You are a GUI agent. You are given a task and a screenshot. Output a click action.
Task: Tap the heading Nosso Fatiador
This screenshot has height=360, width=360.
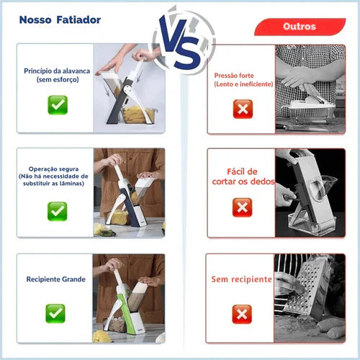click(60, 20)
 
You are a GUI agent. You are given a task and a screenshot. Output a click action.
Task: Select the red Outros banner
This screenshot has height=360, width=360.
click(299, 27)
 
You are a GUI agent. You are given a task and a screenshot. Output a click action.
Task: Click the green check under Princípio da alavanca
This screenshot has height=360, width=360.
click(58, 105)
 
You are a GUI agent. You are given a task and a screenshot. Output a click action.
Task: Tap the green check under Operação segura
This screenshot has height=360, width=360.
click(57, 210)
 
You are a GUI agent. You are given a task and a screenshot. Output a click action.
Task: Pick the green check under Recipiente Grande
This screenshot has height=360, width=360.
click(55, 312)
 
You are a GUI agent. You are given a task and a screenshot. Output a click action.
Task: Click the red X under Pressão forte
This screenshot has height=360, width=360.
click(243, 109)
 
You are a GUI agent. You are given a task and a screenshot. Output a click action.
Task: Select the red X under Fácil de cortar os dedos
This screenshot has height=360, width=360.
click(243, 207)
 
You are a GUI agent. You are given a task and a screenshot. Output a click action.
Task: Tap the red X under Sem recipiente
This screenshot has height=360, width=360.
click(242, 313)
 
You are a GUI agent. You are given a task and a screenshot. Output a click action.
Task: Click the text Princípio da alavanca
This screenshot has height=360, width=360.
click(57, 74)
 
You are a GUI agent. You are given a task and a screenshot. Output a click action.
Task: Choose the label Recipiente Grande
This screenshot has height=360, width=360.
click(55, 279)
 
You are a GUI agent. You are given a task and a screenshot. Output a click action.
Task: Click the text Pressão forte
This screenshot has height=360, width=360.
click(243, 79)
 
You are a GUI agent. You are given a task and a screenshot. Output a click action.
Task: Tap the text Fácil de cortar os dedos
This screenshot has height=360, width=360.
click(242, 176)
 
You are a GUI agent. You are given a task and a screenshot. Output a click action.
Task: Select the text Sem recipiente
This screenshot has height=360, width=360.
click(241, 279)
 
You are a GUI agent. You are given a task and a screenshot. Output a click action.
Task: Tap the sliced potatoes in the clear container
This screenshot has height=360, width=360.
click(139, 114)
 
